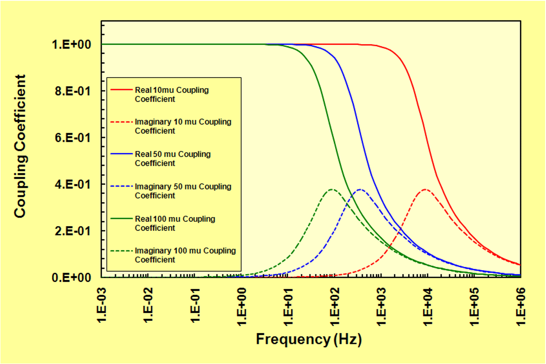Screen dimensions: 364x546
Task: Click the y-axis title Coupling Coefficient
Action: point(20,146)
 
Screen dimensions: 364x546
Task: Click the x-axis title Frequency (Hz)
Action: point(309,339)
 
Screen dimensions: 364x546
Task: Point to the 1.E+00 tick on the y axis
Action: point(72,44)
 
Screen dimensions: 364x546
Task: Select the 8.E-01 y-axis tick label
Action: point(73,91)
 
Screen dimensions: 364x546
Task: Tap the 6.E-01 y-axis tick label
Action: point(73,138)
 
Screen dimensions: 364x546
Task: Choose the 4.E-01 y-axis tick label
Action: point(73,184)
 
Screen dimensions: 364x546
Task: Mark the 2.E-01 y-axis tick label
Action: point(73,231)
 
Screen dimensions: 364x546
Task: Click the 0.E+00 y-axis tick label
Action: point(72,277)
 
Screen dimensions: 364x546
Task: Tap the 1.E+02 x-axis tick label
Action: point(335,306)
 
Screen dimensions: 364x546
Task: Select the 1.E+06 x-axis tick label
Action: point(521,306)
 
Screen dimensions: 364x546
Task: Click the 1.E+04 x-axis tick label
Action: point(428,306)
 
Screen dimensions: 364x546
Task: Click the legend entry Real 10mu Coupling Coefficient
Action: point(172,94)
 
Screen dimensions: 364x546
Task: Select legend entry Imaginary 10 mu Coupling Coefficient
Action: point(183,126)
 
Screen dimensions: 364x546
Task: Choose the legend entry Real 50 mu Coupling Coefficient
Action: point(172,159)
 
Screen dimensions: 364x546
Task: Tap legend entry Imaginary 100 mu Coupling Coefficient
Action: point(185,255)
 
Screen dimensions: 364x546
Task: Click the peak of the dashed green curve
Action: point(332,189)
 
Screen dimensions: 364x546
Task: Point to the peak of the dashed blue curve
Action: point(360,189)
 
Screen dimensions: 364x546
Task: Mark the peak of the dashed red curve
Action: point(425,189)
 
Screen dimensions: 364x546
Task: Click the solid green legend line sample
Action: point(122,219)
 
